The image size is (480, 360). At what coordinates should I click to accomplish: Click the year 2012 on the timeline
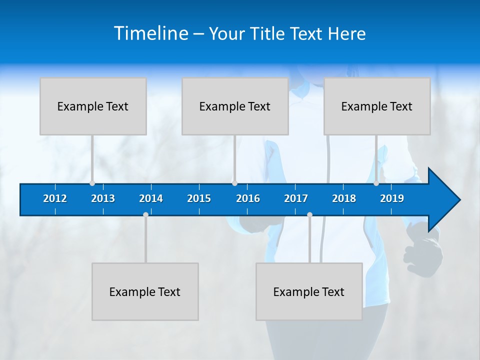tap(55, 198)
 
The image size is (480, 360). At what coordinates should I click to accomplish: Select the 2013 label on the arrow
tap(103, 198)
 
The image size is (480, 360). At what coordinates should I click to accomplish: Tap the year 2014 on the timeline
tap(151, 198)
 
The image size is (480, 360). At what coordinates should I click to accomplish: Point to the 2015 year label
tap(199, 198)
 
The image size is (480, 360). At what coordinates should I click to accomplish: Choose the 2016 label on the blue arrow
tap(248, 198)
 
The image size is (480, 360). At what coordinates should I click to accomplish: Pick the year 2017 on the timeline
tap(296, 198)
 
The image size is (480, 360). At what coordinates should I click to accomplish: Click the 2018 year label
tap(344, 198)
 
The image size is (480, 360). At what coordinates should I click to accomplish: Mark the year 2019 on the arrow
tap(392, 198)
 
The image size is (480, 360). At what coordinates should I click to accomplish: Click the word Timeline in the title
tap(151, 33)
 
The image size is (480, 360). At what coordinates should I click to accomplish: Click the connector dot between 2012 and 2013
tap(92, 183)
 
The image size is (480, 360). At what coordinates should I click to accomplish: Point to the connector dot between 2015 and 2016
tap(234, 183)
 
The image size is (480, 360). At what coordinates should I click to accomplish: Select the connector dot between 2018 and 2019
tap(376, 183)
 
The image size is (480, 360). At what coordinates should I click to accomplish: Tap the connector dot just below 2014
tap(145, 215)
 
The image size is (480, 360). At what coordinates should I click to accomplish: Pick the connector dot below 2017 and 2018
tap(309, 215)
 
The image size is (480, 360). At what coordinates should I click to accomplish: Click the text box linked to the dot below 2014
tap(145, 291)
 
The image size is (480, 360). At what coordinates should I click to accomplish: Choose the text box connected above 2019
tap(377, 106)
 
